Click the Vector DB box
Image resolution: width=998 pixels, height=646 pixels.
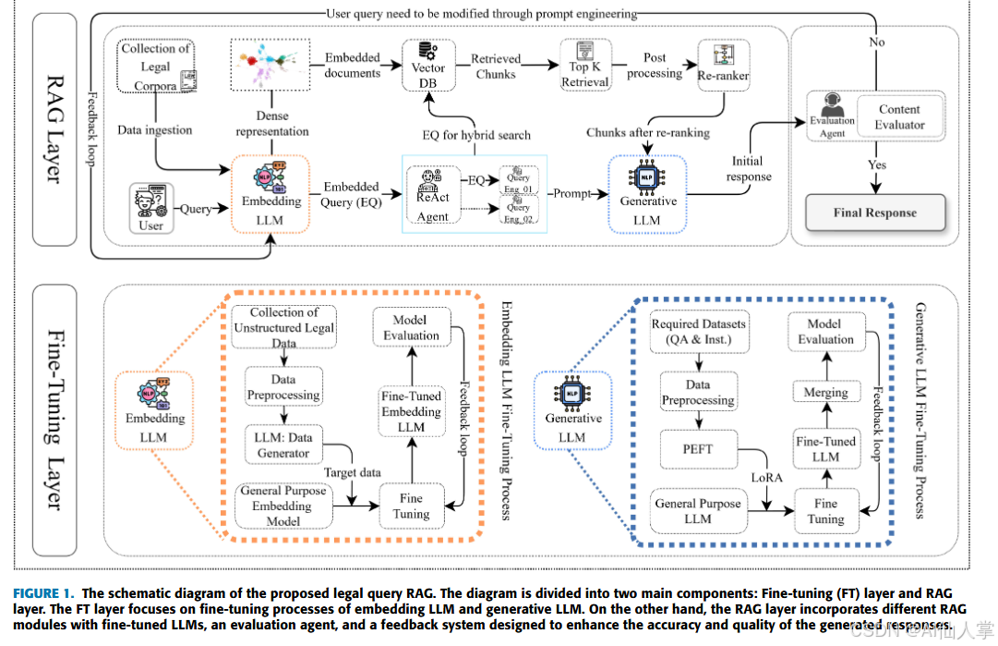coord(428,67)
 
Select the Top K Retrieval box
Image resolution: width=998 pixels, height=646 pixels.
coord(585,66)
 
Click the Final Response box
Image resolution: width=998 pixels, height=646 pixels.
coord(874,213)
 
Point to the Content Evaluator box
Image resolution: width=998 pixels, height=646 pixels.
coord(899,116)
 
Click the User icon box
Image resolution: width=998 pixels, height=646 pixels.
coord(150,207)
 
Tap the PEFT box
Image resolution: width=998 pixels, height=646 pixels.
coord(697,449)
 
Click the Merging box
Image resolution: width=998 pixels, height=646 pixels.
coord(825,392)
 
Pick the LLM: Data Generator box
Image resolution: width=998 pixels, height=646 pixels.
coord(283,444)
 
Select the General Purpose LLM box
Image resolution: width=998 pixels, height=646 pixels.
coord(698,511)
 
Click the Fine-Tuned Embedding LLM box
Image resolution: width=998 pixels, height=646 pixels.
coord(411,411)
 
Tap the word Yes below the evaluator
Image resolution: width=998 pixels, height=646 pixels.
coord(876,165)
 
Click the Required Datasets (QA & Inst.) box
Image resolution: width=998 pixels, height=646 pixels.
coord(698,331)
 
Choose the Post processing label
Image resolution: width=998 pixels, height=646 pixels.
coord(655,66)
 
